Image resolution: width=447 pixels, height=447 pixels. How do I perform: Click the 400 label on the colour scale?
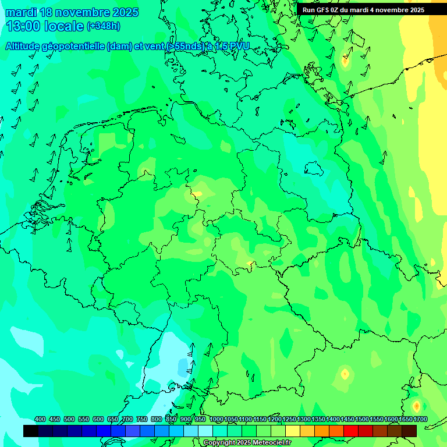point(40,419)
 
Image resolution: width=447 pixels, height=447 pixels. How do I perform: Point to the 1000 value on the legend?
point(217,419)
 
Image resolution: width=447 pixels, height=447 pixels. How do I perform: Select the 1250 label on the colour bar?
point(289,419)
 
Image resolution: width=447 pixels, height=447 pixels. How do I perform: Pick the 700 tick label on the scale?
point(127,419)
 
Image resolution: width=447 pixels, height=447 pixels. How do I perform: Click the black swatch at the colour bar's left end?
point(30,431)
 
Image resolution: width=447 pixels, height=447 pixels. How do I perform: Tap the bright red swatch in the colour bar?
point(351,431)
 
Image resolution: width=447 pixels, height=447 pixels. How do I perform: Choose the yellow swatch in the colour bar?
point(293,431)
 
